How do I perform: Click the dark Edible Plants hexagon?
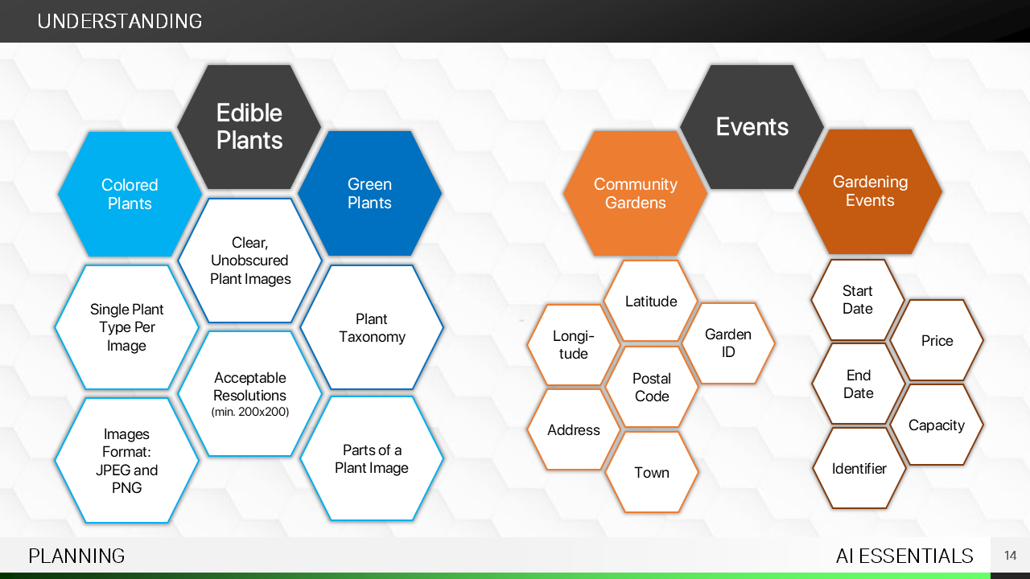tap(249, 126)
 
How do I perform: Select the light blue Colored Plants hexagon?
tap(130, 194)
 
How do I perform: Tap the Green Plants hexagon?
tap(369, 194)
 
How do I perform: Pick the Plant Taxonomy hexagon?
tap(372, 328)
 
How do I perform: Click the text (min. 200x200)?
tap(250, 412)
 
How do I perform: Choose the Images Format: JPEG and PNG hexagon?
tap(127, 461)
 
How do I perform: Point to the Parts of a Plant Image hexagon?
tap(372, 458)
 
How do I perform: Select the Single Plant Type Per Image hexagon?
tap(127, 327)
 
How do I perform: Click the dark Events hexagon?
tap(752, 127)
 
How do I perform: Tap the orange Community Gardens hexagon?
tap(635, 194)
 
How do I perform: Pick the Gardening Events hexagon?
tap(870, 191)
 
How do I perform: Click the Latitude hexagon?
tap(651, 302)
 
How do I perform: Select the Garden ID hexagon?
tap(728, 343)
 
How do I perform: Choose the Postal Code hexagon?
tap(652, 387)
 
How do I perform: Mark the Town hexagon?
tap(652, 473)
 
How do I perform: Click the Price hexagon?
tap(937, 341)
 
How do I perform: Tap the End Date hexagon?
tap(859, 384)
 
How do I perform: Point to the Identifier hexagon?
tap(859, 469)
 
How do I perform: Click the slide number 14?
tap(1010, 556)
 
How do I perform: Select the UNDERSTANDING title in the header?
tap(120, 22)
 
